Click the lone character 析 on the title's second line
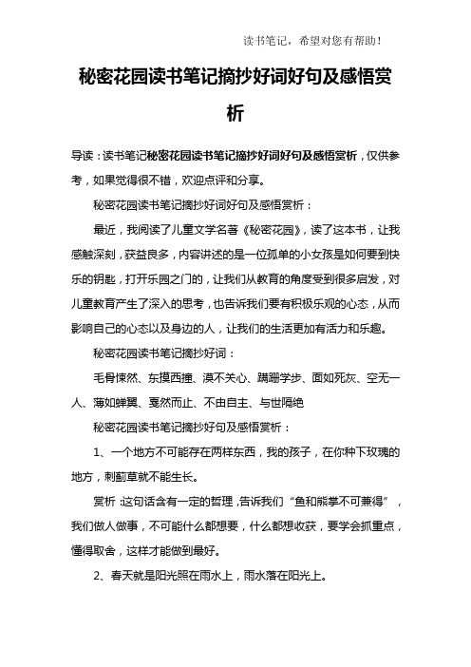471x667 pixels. point(235,113)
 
